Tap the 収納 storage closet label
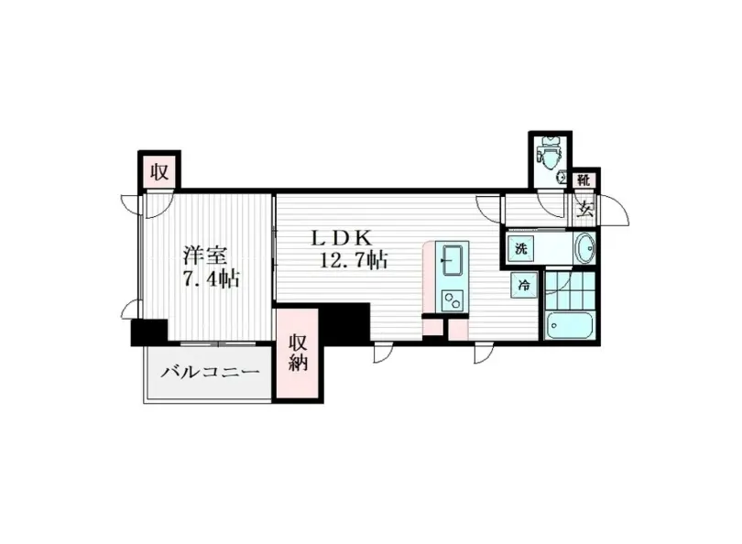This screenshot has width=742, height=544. [x=298, y=353]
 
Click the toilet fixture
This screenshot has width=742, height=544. [x=551, y=152]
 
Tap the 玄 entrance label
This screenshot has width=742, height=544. [x=584, y=207]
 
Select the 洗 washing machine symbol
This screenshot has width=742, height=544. [x=520, y=247]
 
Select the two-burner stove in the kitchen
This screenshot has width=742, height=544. [x=452, y=299]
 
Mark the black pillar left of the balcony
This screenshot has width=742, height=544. [x=148, y=332]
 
